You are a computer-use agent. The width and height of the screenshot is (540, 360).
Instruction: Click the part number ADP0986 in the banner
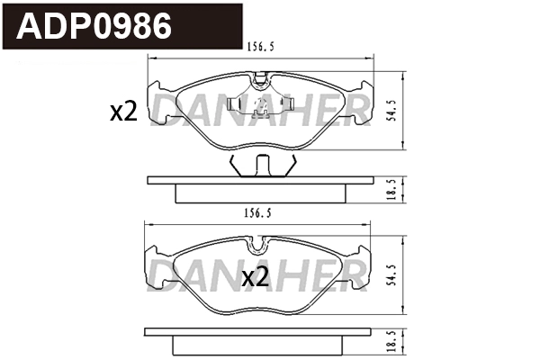pyautogui.click(x=95, y=26)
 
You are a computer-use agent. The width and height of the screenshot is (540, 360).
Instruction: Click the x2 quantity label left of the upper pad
pyautogui.click(x=122, y=112)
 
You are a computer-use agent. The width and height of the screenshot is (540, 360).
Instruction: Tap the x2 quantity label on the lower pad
pyautogui.click(x=256, y=277)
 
